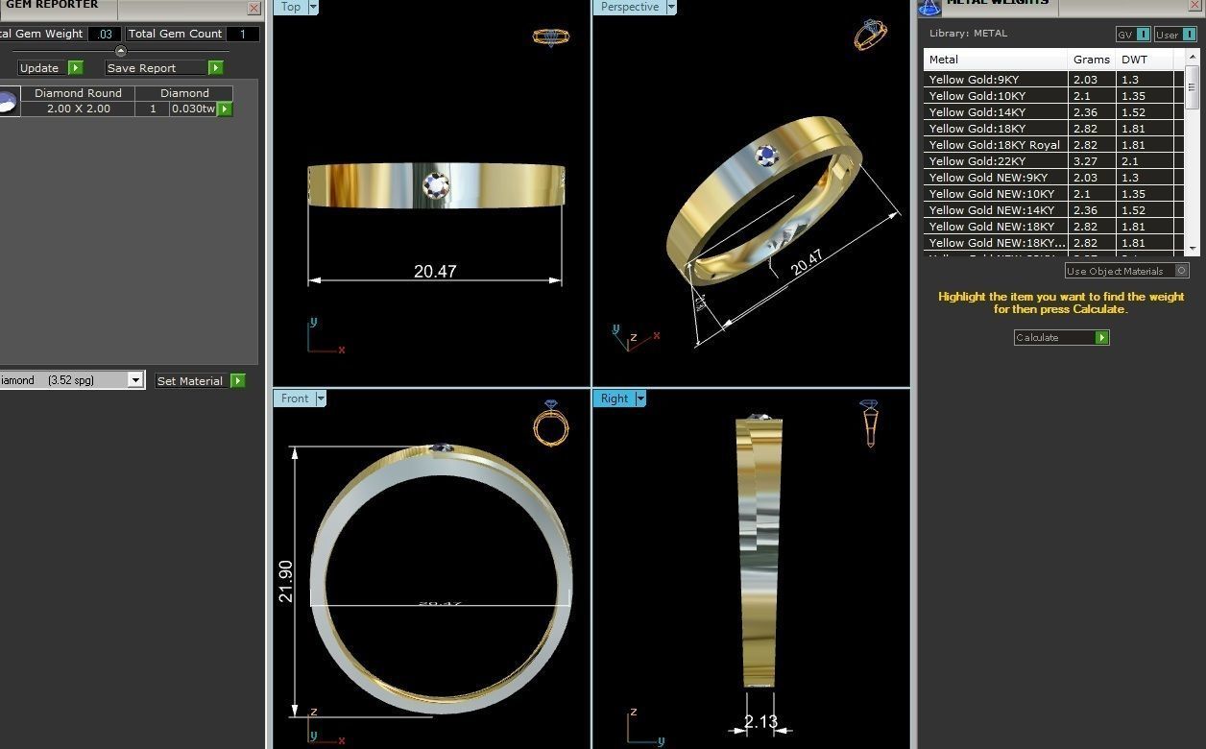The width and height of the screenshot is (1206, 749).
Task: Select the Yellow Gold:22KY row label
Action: pos(975,161)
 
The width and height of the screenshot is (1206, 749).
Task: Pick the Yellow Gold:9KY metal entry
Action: pos(974,80)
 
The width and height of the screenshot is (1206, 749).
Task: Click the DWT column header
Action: pos(1135,60)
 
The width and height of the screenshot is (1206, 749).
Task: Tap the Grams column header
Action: pos(1091,60)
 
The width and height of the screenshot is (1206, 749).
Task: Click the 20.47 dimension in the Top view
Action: pos(435,271)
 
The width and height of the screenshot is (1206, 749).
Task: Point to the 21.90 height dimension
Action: pos(286,581)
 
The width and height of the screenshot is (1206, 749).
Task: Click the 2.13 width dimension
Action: pos(760,721)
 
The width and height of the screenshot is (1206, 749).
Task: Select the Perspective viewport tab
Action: pos(630,7)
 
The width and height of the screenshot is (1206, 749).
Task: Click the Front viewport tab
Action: pos(295,399)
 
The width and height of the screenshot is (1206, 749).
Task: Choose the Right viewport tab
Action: pos(615,399)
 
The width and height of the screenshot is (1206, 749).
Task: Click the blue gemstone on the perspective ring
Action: pos(766,156)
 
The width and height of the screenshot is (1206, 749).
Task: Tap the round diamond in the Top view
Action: pos(436,185)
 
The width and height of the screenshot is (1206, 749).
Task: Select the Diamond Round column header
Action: pos(78,93)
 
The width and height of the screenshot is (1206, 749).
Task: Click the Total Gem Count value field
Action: pos(243,34)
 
